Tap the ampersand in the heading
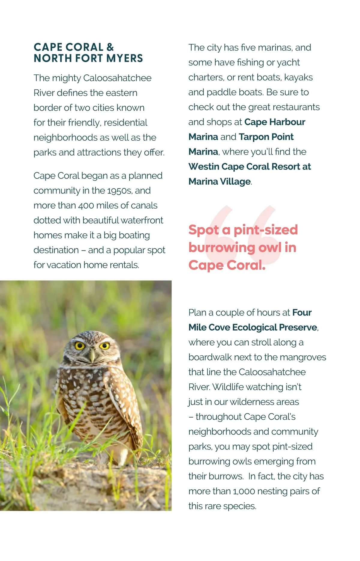click(x=110, y=47)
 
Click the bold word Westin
click(x=204, y=166)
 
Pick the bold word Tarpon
click(x=254, y=137)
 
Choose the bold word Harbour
click(x=287, y=122)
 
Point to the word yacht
click(x=288, y=62)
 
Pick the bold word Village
click(x=235, y=181)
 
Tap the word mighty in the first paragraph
click(x=66, y=78)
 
